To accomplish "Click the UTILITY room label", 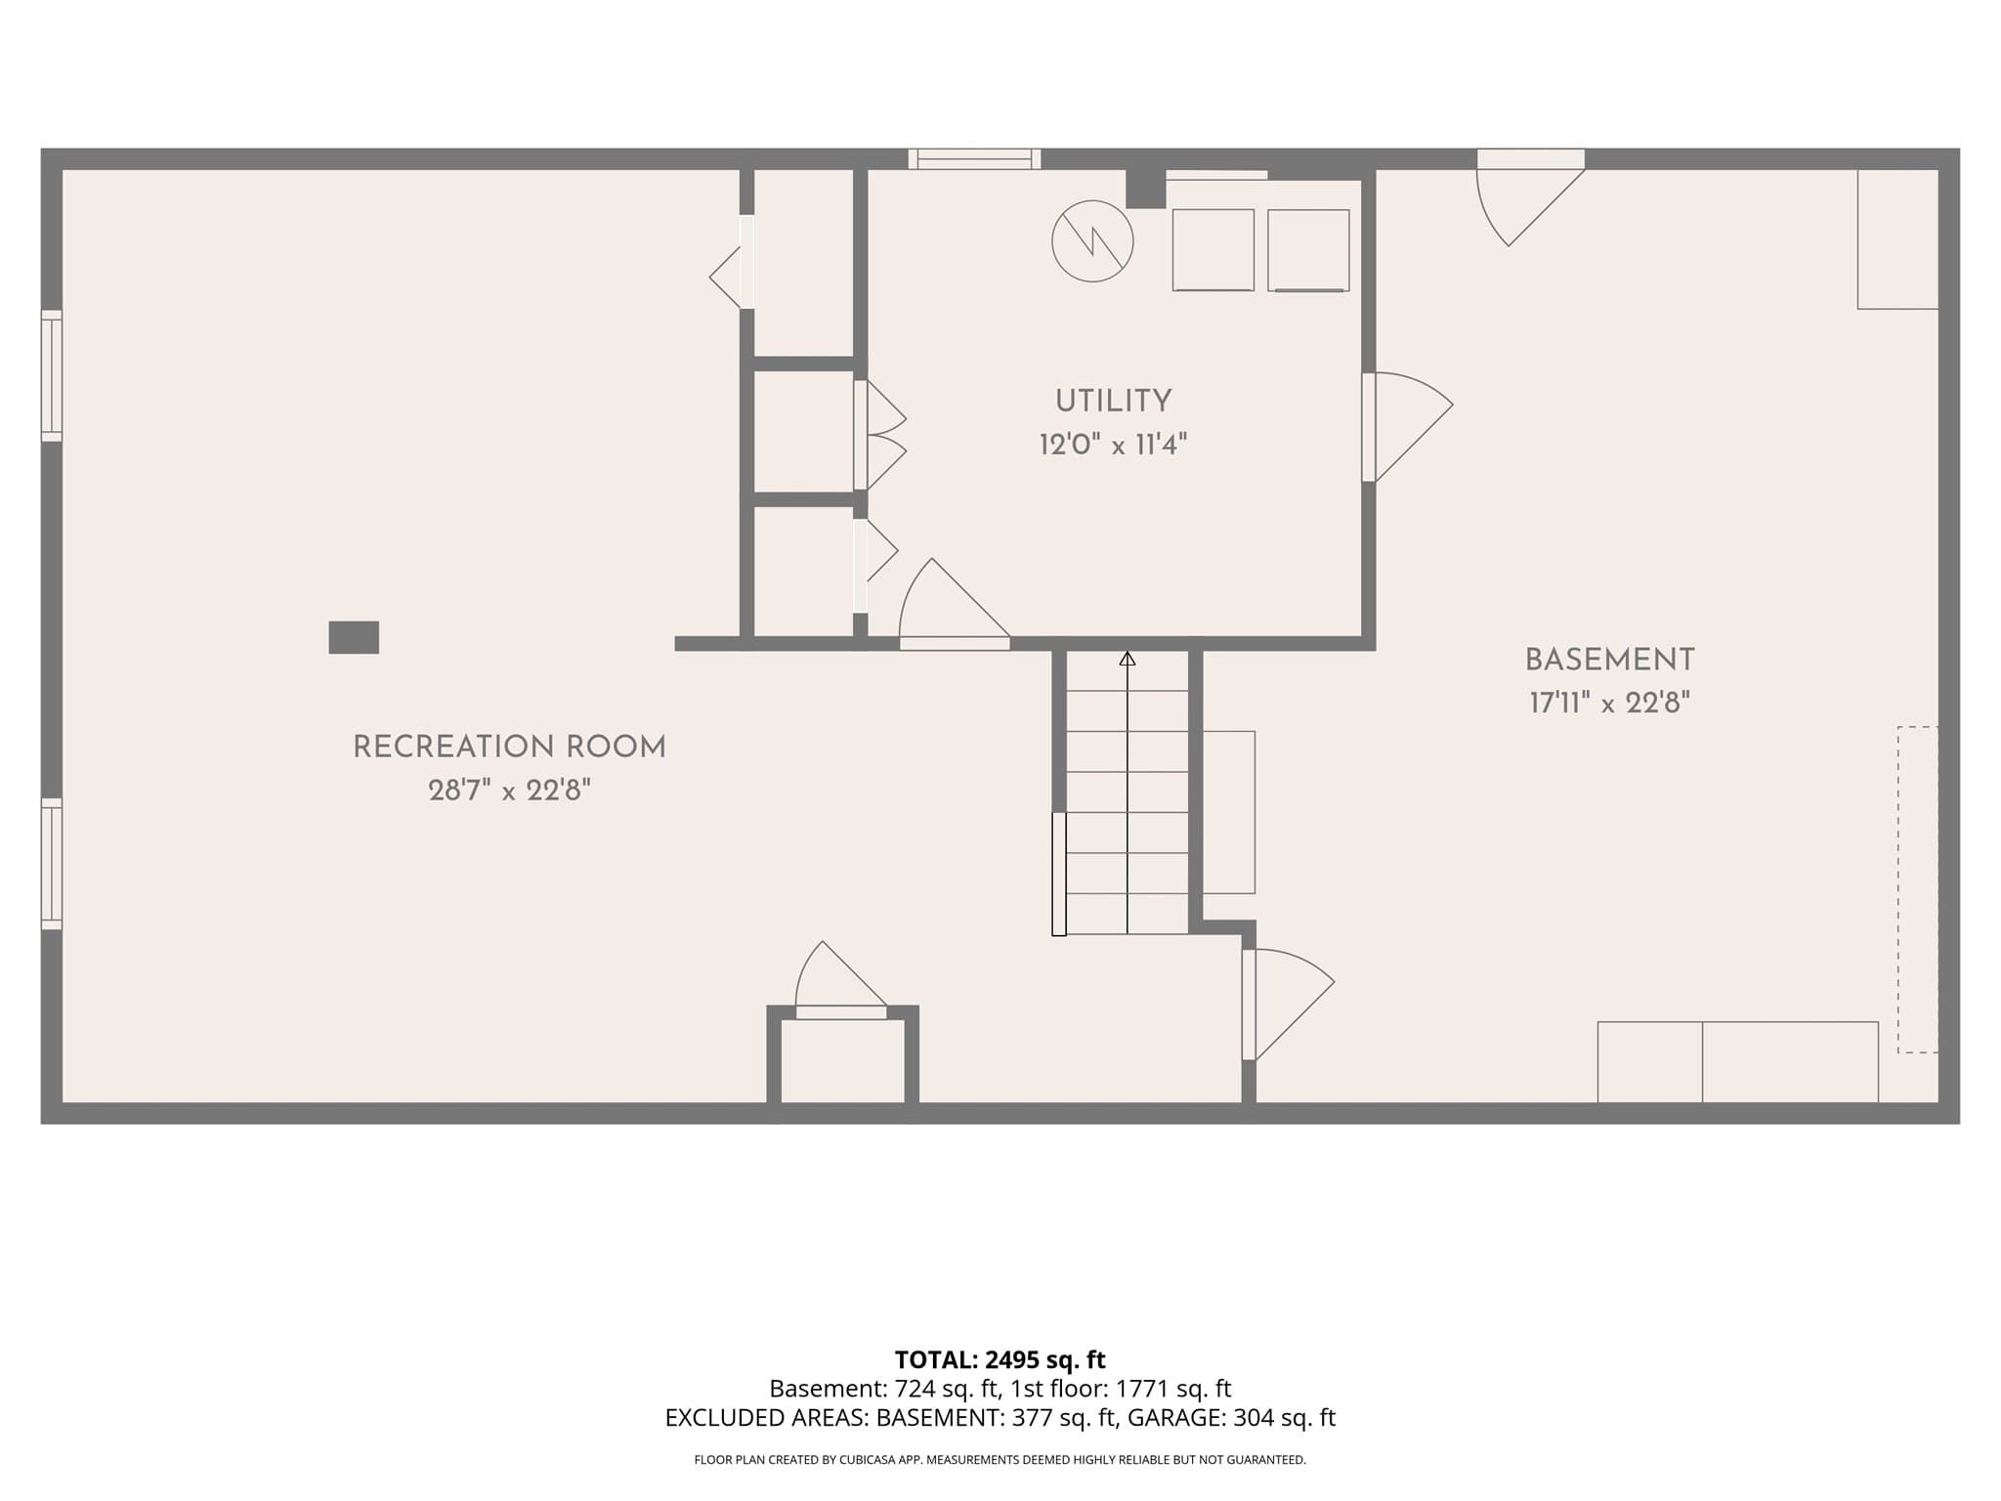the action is (1113, 401).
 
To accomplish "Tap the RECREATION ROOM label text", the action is (509, 748).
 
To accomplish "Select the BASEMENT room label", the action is (1609, 661).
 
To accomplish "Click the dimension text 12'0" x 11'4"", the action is (1113, 446).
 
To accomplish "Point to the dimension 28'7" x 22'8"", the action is (509, 791).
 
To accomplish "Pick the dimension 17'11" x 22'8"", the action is (1609, 704).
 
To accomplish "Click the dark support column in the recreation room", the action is (354, 637).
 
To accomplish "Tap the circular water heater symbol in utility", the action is (1092, 241).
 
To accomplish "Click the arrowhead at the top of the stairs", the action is (1128, 659).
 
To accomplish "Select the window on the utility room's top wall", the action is (974, 159).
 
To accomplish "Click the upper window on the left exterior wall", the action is (52, 375).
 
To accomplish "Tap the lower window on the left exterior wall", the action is (52, 864).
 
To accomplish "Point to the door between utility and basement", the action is (1407, 427).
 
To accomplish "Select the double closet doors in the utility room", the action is (879, 435).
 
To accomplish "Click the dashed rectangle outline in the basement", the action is (1918, 889).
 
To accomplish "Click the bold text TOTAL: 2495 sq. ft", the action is (1000, 1359).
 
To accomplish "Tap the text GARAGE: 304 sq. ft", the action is (1231, 1418).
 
